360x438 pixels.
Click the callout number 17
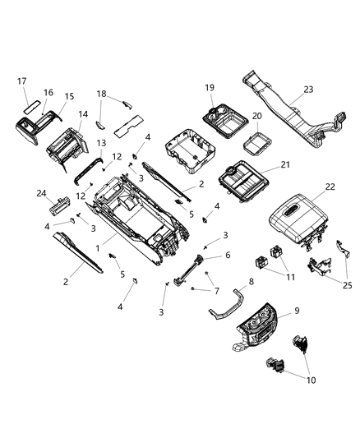22,81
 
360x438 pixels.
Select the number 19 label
210,87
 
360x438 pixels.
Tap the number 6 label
228,256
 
